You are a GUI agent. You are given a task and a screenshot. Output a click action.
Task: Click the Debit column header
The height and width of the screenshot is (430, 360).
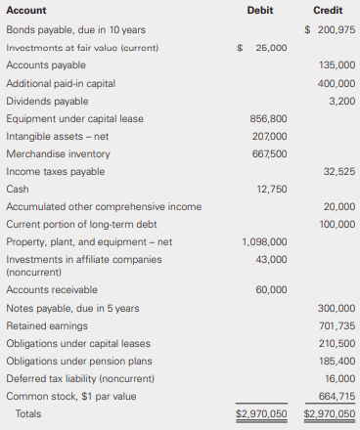click(261, 10)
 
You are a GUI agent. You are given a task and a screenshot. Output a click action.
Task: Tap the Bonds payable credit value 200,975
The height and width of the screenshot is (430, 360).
click(331, 29)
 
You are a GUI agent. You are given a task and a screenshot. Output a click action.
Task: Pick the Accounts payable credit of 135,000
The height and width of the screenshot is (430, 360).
click(337, 64)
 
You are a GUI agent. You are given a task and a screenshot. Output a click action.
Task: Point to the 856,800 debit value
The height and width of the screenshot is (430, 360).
click(269, 118)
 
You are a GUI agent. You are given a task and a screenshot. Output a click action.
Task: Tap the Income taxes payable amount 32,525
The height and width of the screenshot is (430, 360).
click(339, 171)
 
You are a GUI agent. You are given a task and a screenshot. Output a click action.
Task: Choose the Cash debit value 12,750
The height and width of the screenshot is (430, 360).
click(271, 189)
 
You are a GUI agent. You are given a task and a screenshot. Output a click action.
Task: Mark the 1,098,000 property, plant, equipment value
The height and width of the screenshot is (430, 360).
click(265, 241)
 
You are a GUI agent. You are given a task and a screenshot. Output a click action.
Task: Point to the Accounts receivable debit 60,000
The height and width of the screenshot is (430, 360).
click(271, 289)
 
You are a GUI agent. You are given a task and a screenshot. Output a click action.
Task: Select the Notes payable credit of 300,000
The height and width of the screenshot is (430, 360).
click(337, 308)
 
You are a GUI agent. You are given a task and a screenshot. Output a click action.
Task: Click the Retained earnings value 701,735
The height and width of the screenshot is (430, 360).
click(337, 325)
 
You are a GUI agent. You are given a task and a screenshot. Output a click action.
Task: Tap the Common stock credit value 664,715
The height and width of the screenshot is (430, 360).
click(337, 396)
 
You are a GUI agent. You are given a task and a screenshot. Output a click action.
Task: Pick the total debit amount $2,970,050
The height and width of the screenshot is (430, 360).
click(261, 413)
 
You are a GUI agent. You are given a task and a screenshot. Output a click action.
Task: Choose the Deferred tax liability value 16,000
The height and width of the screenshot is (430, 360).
click(339, 378)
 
